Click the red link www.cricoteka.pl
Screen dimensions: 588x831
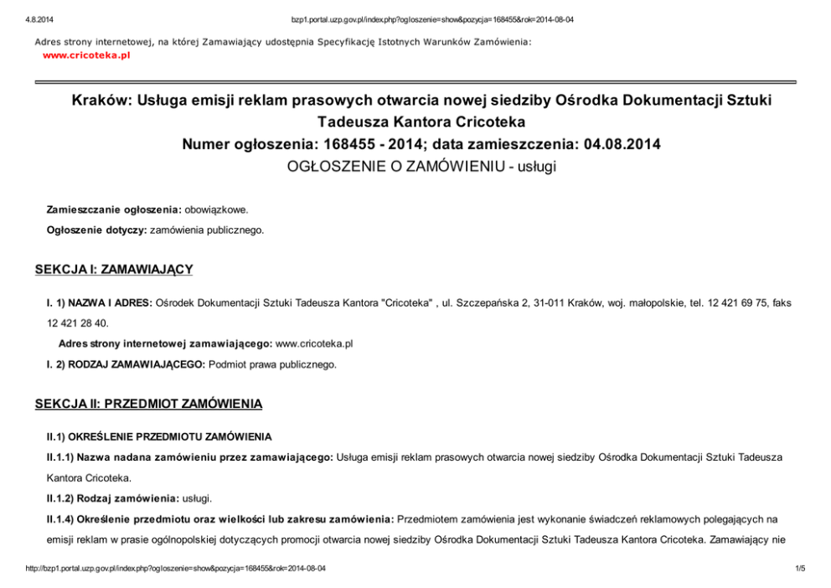pos(86,55)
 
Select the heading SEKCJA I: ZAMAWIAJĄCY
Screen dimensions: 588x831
pos(114,269)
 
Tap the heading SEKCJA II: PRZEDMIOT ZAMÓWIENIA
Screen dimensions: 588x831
pos(148,404)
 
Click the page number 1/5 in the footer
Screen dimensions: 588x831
pos(799,569)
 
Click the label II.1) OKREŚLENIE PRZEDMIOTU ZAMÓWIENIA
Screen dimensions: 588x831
pos(159,436)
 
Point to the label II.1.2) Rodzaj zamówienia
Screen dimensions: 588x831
pos(113,498)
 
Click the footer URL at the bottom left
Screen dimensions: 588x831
pos(176,569)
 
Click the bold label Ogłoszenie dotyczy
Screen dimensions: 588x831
pos(95,229)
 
